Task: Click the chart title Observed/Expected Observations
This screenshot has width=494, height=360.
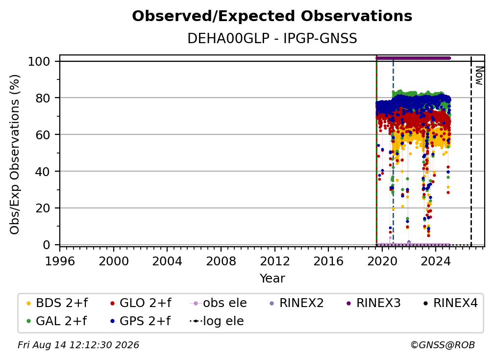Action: coord(272,16)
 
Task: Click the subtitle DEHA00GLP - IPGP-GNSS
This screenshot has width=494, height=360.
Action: coord(272,39)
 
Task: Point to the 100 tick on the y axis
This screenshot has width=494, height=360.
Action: coord(39,61)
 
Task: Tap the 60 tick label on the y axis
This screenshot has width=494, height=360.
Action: coord(43,135)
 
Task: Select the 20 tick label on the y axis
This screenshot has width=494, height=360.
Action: coord(43,208)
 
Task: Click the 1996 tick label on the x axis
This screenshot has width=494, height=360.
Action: coord(60,261)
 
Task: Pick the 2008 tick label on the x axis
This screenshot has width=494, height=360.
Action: coord(221,261)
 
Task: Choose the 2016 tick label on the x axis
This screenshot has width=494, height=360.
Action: coord(328,261)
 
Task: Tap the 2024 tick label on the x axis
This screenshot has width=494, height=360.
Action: coord(436,261)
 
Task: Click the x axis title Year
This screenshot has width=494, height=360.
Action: coord(272,279)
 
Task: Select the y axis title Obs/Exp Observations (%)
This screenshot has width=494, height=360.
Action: coord(15,154)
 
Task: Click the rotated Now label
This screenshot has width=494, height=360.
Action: coord(479,76)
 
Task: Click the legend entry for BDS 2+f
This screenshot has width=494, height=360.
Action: coord(57,303)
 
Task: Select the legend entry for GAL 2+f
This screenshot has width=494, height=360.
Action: coord(56,321)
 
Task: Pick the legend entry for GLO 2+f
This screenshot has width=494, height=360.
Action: coord(141,303)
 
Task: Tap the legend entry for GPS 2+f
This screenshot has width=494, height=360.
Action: coord(140,321)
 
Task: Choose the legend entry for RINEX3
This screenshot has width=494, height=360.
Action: coord(373,303)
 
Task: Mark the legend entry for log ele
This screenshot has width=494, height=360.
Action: coord(217,321)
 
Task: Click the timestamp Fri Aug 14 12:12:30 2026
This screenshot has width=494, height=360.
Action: coord(78,345)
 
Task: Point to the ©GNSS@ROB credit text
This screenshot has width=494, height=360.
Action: coord(443,345)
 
